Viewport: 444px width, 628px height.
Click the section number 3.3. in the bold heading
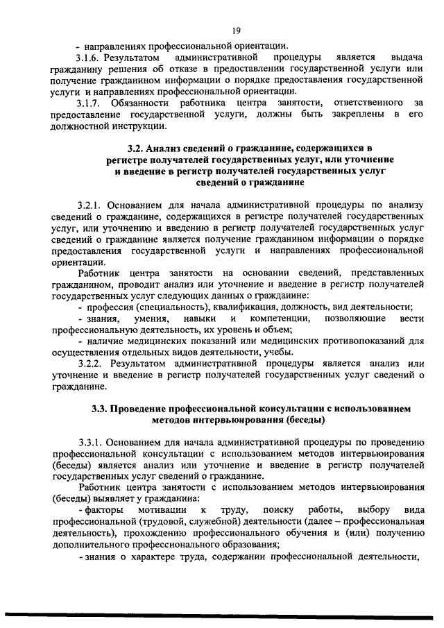101,409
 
